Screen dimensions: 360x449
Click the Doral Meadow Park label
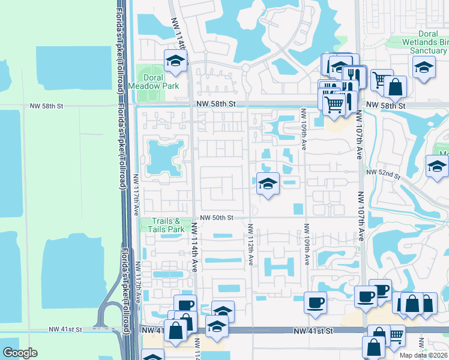(x=161, y=82)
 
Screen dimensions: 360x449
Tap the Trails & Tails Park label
(x=167, y=225)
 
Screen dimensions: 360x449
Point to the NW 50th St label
(x=216, y=217)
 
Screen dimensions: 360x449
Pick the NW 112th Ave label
(x=250, y=244)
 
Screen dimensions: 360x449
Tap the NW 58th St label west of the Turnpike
(x=46, y=106)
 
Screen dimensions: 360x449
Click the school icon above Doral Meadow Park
(x=175, y=61)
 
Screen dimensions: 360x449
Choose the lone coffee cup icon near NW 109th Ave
(x=315, y=302)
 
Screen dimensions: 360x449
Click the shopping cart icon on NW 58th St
(x=334, y=105)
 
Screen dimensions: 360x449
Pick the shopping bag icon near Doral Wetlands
(x=396, y=86)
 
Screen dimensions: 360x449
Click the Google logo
(x=20, y=353)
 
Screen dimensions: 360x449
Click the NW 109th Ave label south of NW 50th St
(x=306, y=244)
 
